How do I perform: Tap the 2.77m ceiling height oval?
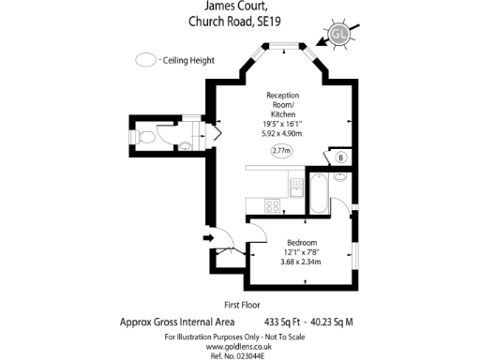[x=280, y=150]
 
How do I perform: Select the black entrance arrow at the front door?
[x=208, y=238]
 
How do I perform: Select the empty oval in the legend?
[x=146, y=60]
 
